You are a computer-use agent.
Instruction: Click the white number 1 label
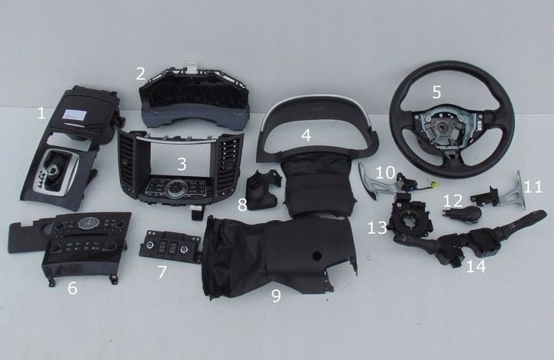(42, 113)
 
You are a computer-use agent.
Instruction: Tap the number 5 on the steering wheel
(437, 92)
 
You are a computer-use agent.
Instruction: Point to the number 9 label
(276, 295)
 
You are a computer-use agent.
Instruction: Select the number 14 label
(476, 266)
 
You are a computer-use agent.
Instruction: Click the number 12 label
(453, 201)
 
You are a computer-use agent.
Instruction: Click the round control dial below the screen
(175, 188)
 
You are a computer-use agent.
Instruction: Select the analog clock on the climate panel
(85, 223)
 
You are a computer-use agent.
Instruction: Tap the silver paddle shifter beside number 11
(514, 192)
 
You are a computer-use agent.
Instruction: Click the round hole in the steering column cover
(316, 255)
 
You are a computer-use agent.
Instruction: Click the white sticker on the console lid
(74, 115)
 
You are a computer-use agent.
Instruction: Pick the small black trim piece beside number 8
(263, 189)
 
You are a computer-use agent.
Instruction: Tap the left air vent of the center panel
(127, 165)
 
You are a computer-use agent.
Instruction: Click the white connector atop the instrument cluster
(192, 66)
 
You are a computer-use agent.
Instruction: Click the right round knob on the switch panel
(184, 249)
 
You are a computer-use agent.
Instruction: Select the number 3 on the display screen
(182, 164)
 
